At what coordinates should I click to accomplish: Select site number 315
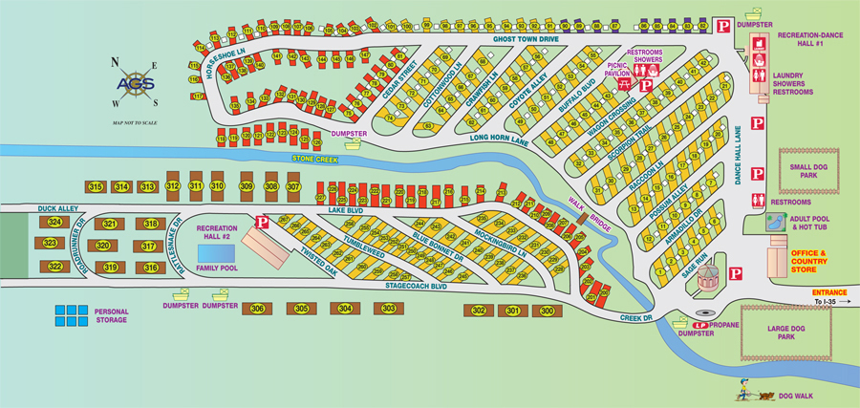point(96,186)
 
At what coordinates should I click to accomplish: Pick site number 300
point(547,311)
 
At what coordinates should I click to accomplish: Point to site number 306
point(256,309)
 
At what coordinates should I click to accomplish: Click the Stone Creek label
point(315,158)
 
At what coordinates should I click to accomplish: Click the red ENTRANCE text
point(829,292)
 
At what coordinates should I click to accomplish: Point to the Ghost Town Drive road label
point(525,39)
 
